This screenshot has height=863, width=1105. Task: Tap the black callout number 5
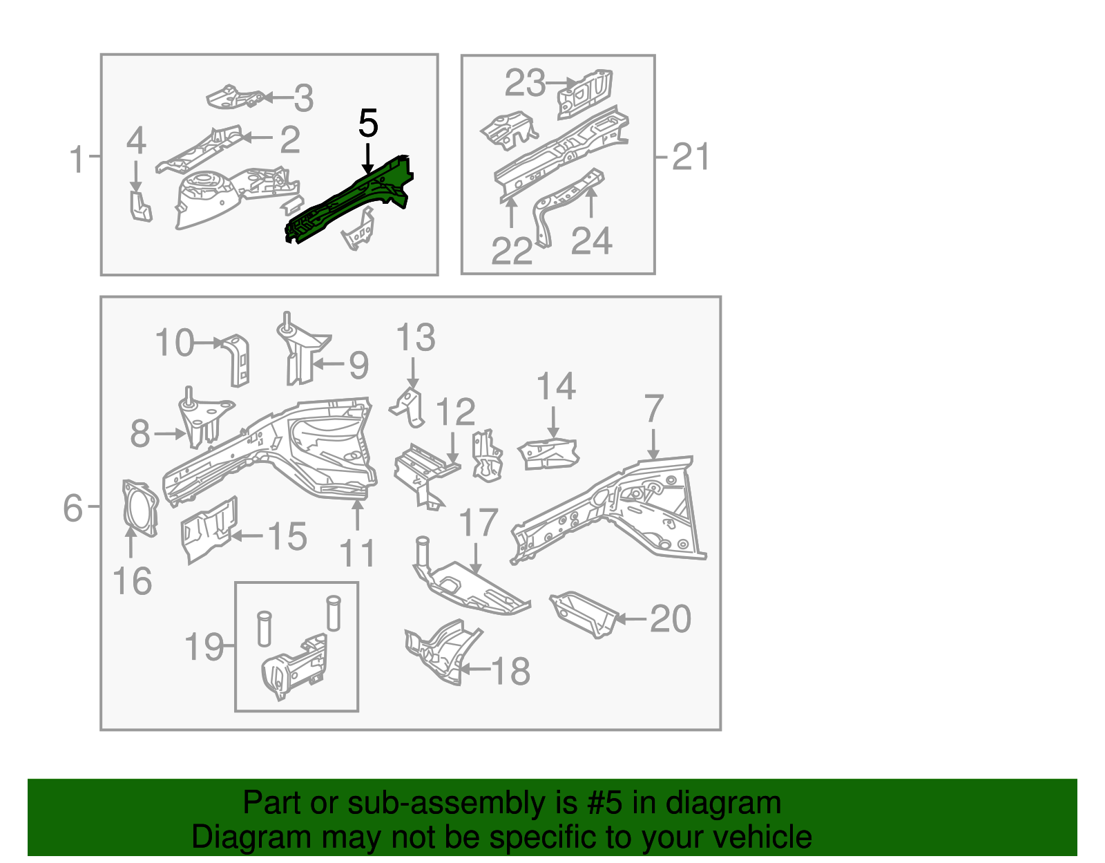coord(368,124)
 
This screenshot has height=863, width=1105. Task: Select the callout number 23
coord(525,84)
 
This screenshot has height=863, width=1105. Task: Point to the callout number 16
coord(132,581)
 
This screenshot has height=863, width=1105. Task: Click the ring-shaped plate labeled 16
coord(140,508)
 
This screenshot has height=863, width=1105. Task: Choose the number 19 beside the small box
coord(204,647)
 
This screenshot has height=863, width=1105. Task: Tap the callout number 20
coord(670,618)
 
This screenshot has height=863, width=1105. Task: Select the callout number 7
coord(653,408)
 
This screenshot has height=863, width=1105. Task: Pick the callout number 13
coord(415,338)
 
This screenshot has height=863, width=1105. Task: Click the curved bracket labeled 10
coord(238,359)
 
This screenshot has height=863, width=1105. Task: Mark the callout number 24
coord(592,241)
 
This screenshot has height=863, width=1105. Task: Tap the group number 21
coord(691,157)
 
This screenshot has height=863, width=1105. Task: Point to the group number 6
coord(72,508)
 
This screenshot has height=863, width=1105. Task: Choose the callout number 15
coord(287,536)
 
